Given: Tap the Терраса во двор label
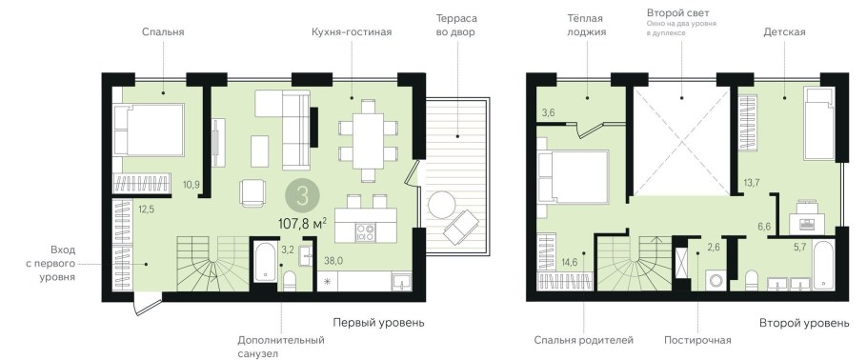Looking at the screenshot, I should click(454, 25).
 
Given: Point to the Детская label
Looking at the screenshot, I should click(784, 31).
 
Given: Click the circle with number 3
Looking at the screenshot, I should click(302, 197).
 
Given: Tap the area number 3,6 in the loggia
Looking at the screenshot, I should click(548, 113).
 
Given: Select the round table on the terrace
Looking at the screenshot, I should click(442, 205).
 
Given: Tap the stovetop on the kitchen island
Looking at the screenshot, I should click(365, 230).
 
